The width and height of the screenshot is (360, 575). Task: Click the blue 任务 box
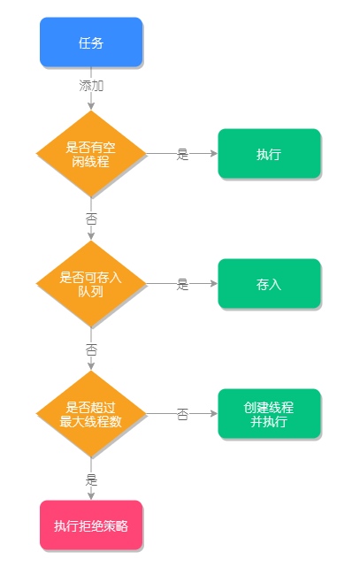[x=91, y=42]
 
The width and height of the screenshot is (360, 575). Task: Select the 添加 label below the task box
[x=91, y=86]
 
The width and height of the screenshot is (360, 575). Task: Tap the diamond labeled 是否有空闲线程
[x=91, y=154]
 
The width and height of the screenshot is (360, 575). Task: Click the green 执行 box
[x=270, y=154]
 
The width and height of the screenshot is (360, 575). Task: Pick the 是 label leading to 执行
[x=182, y=154]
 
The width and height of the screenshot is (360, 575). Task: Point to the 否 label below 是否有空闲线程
[x=91, y=218]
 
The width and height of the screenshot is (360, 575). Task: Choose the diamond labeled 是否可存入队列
[x=91, y=283]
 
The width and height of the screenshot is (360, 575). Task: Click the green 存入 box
[x=270, y=283]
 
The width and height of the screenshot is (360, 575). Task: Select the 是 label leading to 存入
[x=182, y=284]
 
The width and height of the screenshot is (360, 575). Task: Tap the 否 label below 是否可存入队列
[x=91, y=349]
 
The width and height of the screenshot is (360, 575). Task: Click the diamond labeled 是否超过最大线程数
[x=91, y=414]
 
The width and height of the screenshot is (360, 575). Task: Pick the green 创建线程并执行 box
[x=270, y=414]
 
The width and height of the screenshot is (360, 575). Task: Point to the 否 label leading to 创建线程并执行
[x=182, y=414]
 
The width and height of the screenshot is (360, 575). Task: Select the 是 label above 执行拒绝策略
[x=91, y=479]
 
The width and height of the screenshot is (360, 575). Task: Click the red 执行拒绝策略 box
[x=91, y=525]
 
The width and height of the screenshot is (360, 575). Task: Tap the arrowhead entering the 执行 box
[x=214, y=154]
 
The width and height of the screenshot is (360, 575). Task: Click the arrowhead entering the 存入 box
[x=214, y=283]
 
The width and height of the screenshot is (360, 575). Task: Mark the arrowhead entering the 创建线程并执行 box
[x=214, y=414]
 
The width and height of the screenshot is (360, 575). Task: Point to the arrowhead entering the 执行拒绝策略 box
[x=91, y=495]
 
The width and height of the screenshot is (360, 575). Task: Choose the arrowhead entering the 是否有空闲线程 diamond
[x=91, y=106]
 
